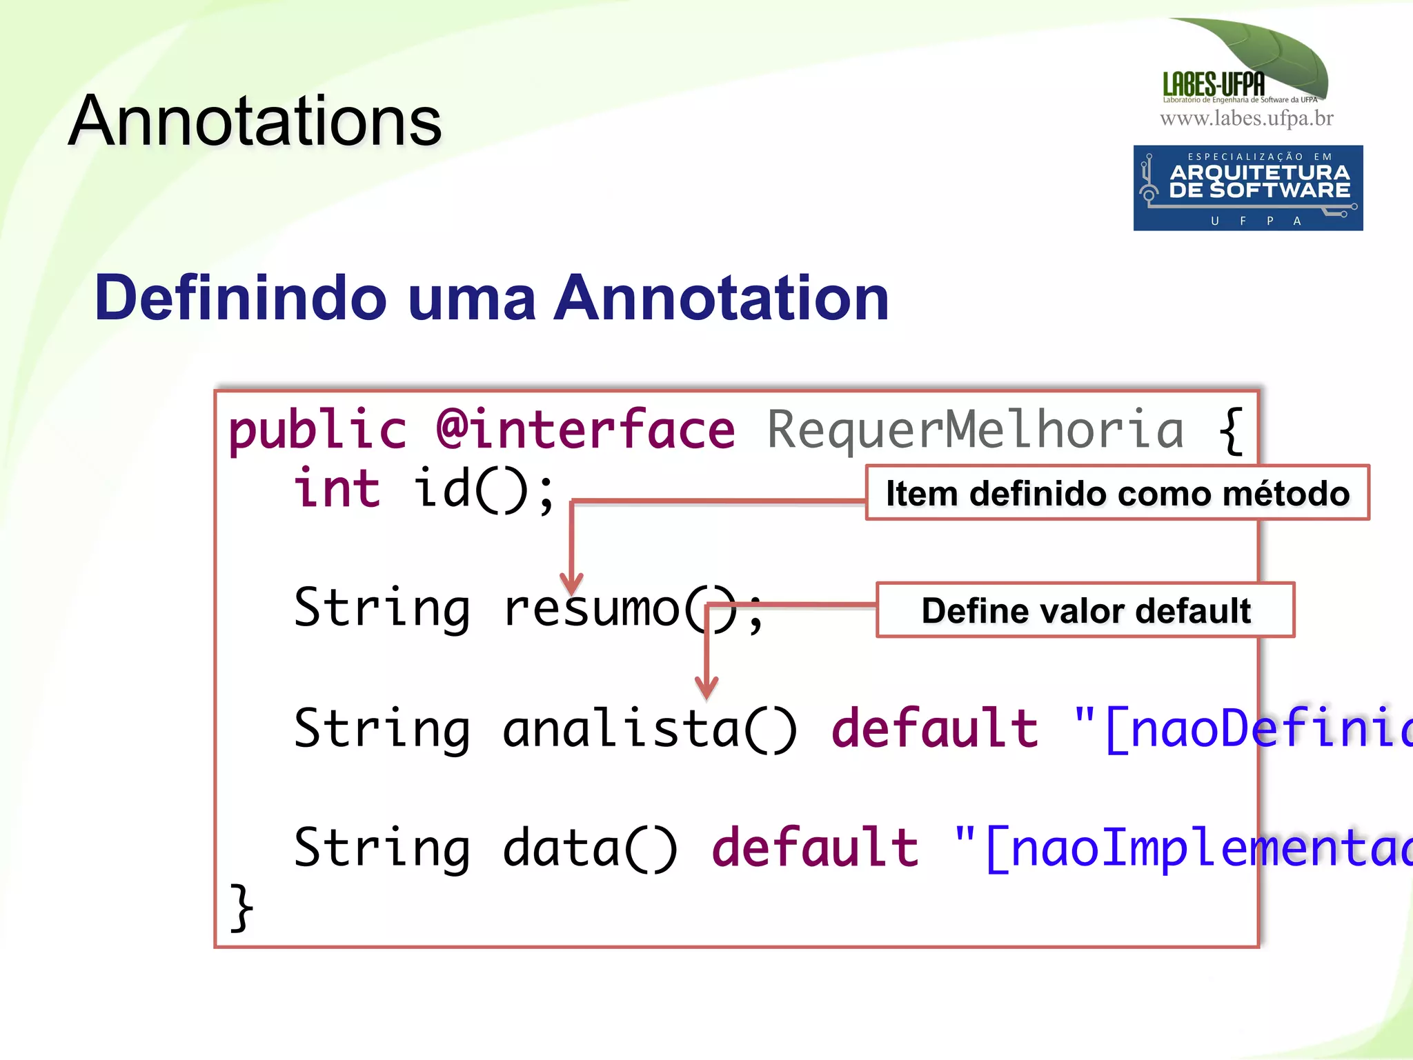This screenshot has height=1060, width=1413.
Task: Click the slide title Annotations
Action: tap(255, 121)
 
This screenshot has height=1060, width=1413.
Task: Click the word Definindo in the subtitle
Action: tap(241, 298)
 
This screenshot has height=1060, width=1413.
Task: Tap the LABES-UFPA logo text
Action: tap(1214, 84)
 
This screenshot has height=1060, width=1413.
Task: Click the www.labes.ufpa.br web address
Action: tap(1246, 119)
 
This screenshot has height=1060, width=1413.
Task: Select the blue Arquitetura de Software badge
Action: tap(1247, 188)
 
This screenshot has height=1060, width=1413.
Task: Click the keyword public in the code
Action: tap(317, 430)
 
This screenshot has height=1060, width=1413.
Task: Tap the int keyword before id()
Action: tap(337, 488)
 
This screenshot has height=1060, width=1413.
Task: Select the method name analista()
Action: tap(649, 728)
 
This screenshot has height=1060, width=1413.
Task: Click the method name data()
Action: tap(590, 848)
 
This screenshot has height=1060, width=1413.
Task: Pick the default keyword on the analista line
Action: tap(935, 728)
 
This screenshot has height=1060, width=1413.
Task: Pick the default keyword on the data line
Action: tap(815, 848)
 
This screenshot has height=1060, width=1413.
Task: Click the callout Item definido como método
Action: tap(1117, 493)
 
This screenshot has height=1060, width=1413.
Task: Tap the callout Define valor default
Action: tap(1085, 610)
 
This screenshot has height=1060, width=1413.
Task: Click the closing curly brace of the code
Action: tap(241, 908)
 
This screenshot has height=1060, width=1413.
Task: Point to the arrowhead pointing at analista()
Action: tap(706, 688)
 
